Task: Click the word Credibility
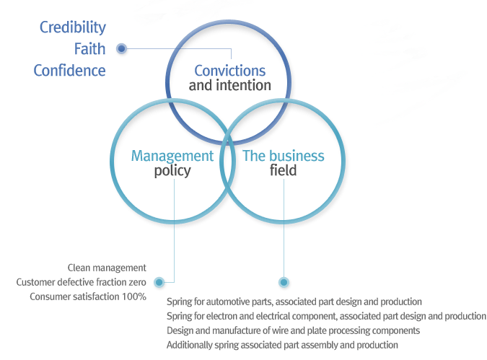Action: click(x=72, y=27)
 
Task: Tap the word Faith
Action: click(x=89, y=49)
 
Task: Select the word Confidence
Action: click(x=69, y=71)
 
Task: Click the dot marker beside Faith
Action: click(x=122, y=49)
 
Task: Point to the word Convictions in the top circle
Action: click(x=229, y=71)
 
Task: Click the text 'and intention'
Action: click(x=229, y=86)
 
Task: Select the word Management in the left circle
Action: click(x=172, y=156)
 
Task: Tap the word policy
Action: click(x=172, y=172)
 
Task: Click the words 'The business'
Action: click(x=284, y=156)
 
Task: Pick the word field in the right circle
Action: click(x=284, y=172)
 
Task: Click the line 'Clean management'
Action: click(x=107, y=268)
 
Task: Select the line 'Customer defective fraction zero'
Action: click(x=82, y=282)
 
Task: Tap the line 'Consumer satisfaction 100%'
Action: click(x=88, y=297)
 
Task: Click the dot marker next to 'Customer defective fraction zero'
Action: click(x=159, y=282)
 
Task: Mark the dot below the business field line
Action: click(x=284, y=282)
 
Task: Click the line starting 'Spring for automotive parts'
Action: click(x=294, y=302)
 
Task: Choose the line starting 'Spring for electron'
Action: click(x=326, y=316)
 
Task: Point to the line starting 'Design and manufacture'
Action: click(x=293, y=330)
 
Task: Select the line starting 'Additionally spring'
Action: click(x=282, y=345)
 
